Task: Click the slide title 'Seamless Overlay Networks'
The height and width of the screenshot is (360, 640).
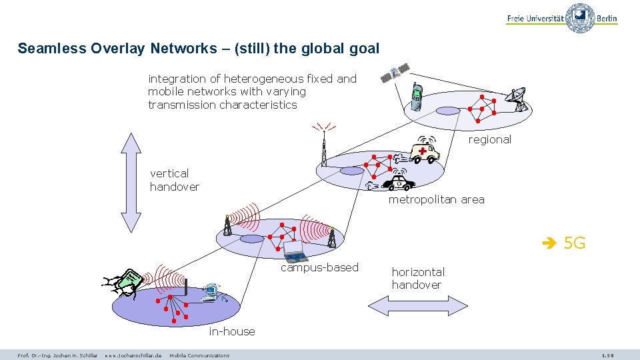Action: click(198, 49)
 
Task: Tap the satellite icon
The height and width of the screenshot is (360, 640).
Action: click(395, 72)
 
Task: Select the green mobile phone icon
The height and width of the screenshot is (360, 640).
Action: click(416, 96)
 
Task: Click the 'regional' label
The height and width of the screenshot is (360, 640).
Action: click(489, 139)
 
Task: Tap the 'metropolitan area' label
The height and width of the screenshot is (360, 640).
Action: click(436, 199)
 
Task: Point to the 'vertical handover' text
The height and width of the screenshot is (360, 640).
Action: click(174, 180)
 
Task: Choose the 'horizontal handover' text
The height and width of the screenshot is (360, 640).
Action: click(418, 278)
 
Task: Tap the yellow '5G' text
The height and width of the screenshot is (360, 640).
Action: click(573, 243)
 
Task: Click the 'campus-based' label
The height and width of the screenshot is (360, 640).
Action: click(319, 267)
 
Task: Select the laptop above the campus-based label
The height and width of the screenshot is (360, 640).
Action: click(294, 251)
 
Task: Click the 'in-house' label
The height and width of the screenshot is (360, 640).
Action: click(231, 331)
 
